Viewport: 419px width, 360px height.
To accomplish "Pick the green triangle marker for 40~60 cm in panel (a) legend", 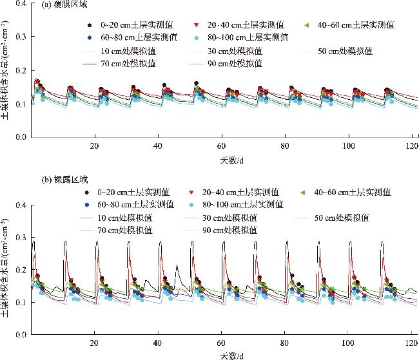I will coord(308,25).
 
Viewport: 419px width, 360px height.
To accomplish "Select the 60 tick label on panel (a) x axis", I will coord(222,146).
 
